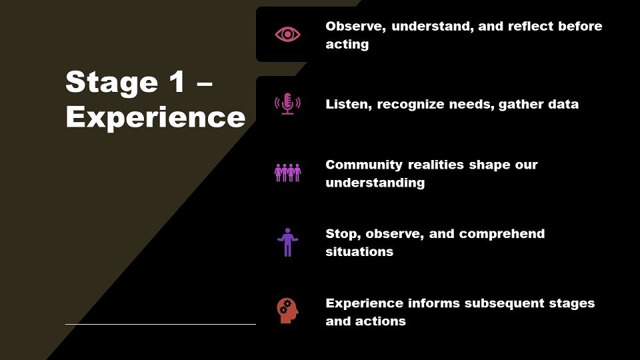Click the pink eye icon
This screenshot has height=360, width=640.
point(287,34)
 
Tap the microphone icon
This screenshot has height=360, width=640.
point(287,104)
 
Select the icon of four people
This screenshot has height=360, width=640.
point(287,173)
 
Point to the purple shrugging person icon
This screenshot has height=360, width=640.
point(287,242)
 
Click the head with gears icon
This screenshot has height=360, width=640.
point(287,311)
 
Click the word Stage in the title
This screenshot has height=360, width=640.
point(111,83)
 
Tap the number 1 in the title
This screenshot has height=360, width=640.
point(177,81)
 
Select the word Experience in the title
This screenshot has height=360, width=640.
point(155,118)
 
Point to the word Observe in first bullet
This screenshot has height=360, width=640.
point(355,27)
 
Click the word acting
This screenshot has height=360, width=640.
point(347,45)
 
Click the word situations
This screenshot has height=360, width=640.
point(359,252)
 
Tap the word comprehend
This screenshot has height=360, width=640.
point(501,234)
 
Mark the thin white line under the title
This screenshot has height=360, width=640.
point(161,325)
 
